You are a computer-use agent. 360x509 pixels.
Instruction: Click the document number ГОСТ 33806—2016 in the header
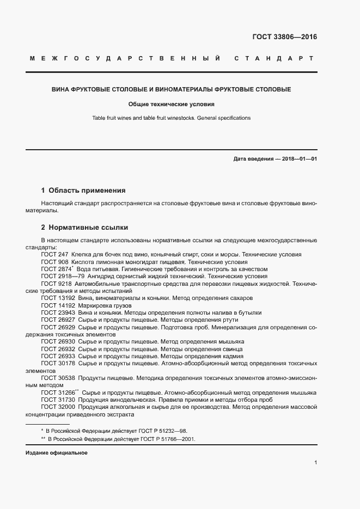pyautogui.click(x=285, y=38)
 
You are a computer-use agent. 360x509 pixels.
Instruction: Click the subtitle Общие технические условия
pyautogui.click(x=172, y=103)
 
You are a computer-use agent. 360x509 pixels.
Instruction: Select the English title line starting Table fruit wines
pyautogui.click(x=172, y=118)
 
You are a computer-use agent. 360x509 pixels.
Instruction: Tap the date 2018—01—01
pyautogui.click(x=294, y=158)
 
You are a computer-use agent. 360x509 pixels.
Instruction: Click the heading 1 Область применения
pyautogui.click(x=83, y=191)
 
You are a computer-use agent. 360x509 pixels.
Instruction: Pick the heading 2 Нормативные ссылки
pyautogui.click(x=84, y=227)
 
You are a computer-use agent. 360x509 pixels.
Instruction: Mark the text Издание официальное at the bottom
pyautogui.click(x=56, y=453)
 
